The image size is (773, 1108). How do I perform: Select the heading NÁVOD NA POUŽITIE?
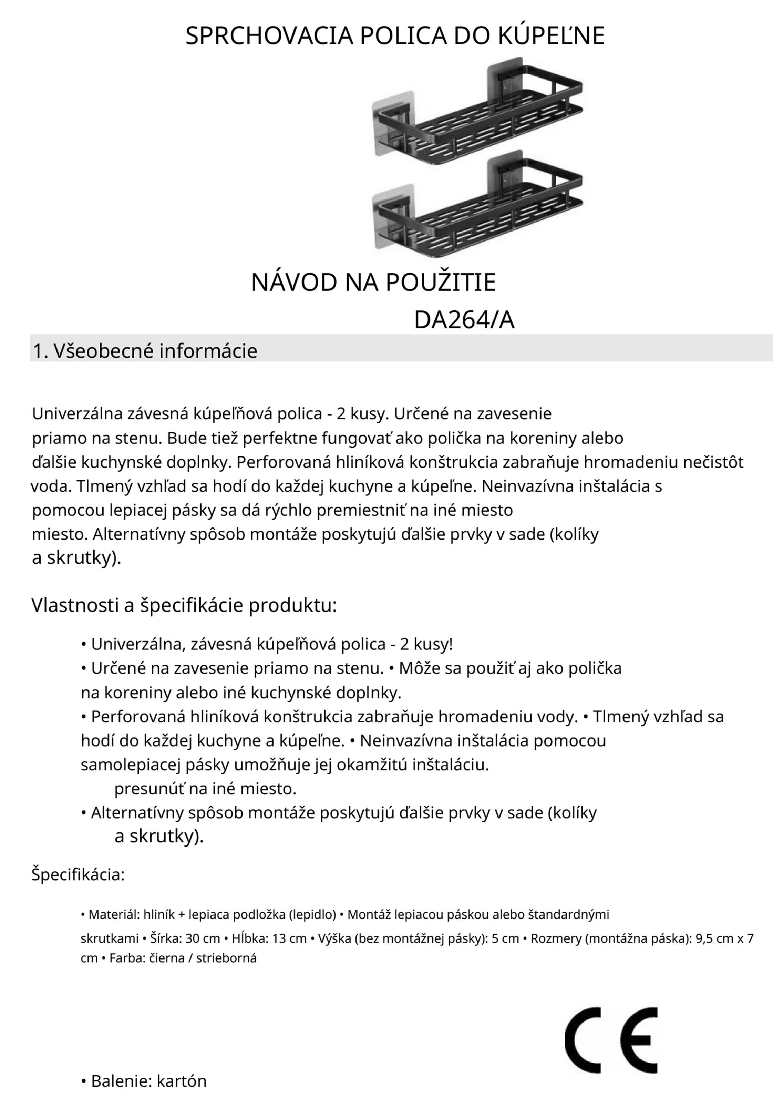point(373,282)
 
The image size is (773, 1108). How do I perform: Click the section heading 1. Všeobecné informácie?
point(145,351)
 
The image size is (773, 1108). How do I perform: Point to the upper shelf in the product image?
point(483,116)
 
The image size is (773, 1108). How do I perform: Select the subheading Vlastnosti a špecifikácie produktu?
point(184,605)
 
